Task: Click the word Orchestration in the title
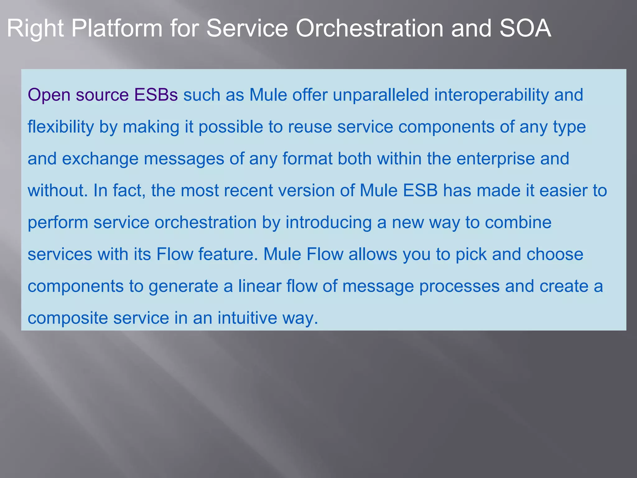pos(369,29)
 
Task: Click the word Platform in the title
pos(117,29)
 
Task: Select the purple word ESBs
pos(156,95)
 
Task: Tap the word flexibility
pos(61,127)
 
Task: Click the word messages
pos(184,159)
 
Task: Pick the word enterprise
pos(495,159)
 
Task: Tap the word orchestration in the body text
pos(205,223)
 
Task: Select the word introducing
pos(328,223)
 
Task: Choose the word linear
pos(260,286)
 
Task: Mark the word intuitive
pos(247,318)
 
